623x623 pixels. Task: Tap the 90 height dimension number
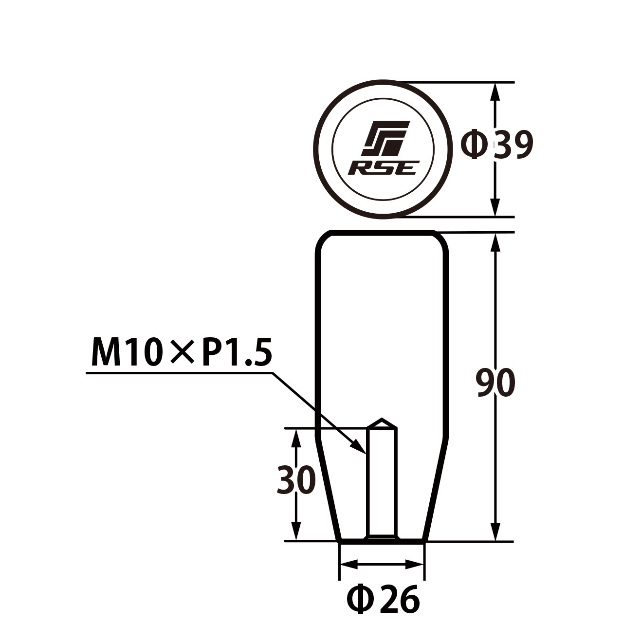tap(495, 383)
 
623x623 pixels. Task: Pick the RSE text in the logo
tap(384, 168)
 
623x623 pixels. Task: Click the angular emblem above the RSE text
tap(385, 138)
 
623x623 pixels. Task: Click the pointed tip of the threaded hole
tap(383, 420)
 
